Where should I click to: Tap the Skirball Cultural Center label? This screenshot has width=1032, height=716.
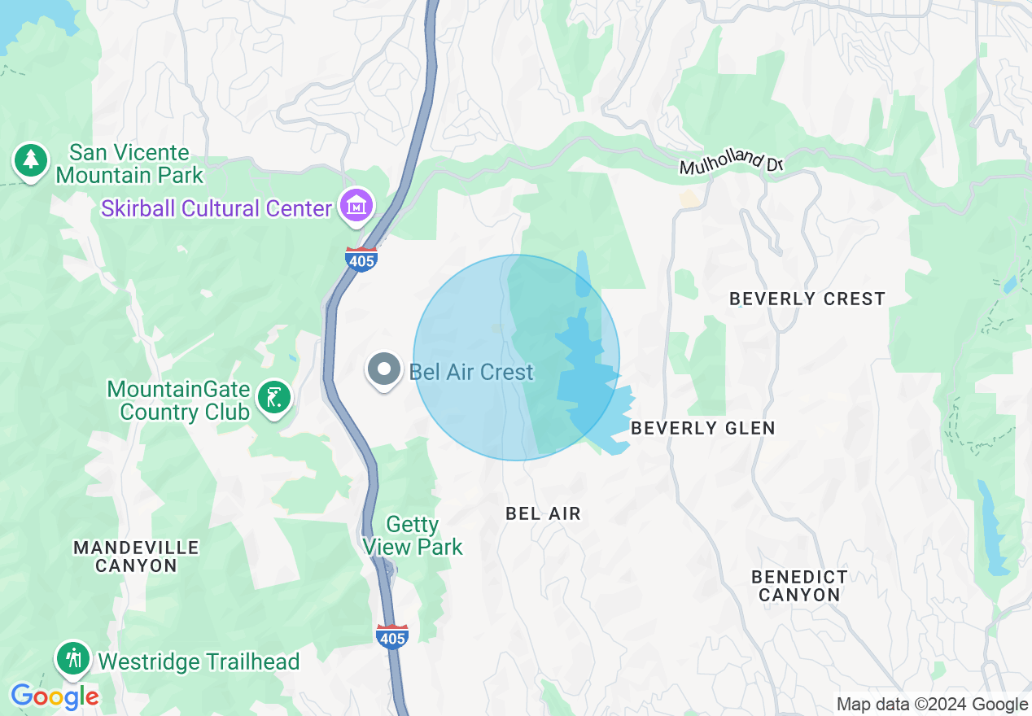(x=216, y=208)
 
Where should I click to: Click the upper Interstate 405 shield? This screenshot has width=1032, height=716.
(x=361, y=260)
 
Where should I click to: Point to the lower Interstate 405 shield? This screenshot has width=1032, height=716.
(x=392, y=637)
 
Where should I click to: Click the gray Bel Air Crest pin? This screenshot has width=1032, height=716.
(x=383, y=370)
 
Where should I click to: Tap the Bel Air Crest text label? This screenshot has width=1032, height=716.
(x=471, y=372)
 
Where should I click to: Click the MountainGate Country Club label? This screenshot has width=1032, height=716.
(x=178, y=400)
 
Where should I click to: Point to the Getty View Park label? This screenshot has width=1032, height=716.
(x=413, y=535)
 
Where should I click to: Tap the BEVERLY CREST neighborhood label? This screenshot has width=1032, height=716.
(x=807, y=299)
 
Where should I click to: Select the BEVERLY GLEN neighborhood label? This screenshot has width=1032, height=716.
(x=703, y=428)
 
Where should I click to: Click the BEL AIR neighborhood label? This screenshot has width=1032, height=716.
(x=543, y=513)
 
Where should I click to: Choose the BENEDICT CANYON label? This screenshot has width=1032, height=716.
(x=799, y=586)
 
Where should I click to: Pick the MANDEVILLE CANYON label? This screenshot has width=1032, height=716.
(x=136, y=557)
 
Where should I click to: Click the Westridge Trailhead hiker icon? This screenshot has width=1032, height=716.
(x=73, y=657)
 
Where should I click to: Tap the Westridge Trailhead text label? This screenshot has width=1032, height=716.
(x=199, y=662)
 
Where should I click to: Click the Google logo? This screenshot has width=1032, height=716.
(x=55, y=696)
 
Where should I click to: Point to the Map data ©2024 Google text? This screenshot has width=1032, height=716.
(x=932, y=705)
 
